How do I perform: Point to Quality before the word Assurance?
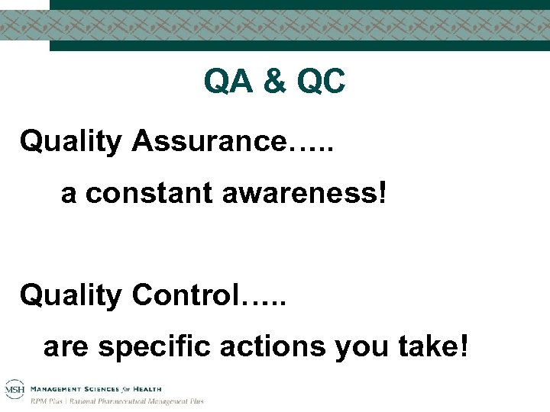71,141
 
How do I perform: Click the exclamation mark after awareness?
382,194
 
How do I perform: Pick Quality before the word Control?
71,295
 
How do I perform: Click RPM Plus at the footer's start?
47,401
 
